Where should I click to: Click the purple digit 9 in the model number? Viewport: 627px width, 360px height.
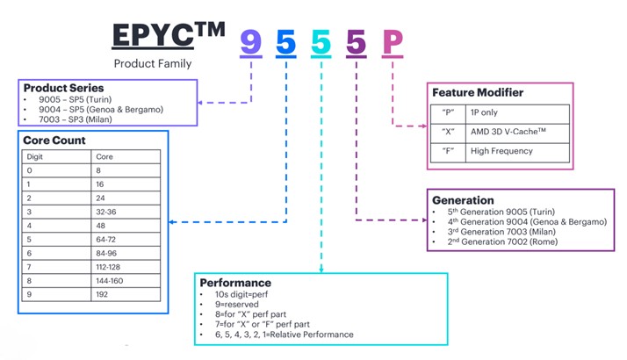click(251, 42)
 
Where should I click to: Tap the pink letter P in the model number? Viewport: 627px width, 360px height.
click(393, 42)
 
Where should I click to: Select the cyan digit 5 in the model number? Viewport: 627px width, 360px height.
click(321, 42)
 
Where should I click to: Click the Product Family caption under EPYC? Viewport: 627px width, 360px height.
click(153, 63)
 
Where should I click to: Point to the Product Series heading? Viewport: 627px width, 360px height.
click(63, 88)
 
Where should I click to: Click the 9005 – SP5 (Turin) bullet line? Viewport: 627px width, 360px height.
click(76, 99)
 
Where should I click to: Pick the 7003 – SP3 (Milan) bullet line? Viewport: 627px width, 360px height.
click(76, 119)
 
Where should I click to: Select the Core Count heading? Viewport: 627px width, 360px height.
click(54, 140)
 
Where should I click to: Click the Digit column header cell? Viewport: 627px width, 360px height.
click(56, 157)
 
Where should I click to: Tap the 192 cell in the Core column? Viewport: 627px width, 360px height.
click(126, 294)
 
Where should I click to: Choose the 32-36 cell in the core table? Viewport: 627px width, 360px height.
click(126, 212)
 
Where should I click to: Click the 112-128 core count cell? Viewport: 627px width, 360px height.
click(126, 267)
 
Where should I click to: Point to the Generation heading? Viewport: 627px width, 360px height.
click(463, 200)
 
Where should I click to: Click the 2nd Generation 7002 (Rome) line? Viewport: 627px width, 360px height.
click(502, 241)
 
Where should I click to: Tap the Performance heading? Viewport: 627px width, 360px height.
click(235, 283)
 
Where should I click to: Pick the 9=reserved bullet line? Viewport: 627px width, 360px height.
click(237, 305)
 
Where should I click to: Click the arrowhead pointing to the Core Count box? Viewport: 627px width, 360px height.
click(171, 222)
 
